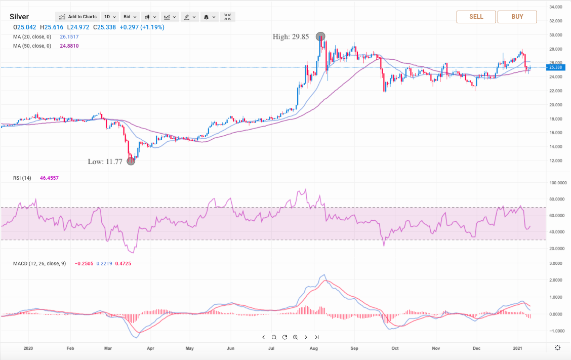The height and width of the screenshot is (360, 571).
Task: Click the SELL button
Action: (476, 17)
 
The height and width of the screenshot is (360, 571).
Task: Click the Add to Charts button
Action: (77, 17)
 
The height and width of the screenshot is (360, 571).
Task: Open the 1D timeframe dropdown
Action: (109, 17)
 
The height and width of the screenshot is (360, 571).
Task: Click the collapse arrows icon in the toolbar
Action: (227, 17)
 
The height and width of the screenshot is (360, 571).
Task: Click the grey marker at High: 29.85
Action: (320, 36)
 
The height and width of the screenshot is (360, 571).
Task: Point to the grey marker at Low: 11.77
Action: (131, 161)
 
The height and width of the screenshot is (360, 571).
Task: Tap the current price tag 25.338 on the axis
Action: (556, 67)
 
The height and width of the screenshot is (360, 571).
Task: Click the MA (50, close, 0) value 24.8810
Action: (68, 46)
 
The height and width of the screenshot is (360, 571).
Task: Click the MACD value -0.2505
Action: (83, 263)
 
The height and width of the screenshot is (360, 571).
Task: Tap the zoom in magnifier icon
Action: (295, 337)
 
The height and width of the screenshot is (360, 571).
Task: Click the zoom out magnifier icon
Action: (274, 337)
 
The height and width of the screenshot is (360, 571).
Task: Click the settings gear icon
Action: (557, 347)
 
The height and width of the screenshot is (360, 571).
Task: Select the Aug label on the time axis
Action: (313, 348)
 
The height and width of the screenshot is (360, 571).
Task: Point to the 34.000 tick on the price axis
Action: (556, 7)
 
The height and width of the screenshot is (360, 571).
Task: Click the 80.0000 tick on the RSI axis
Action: (557, 199)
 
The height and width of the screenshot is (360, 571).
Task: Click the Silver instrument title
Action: (19, 17)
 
